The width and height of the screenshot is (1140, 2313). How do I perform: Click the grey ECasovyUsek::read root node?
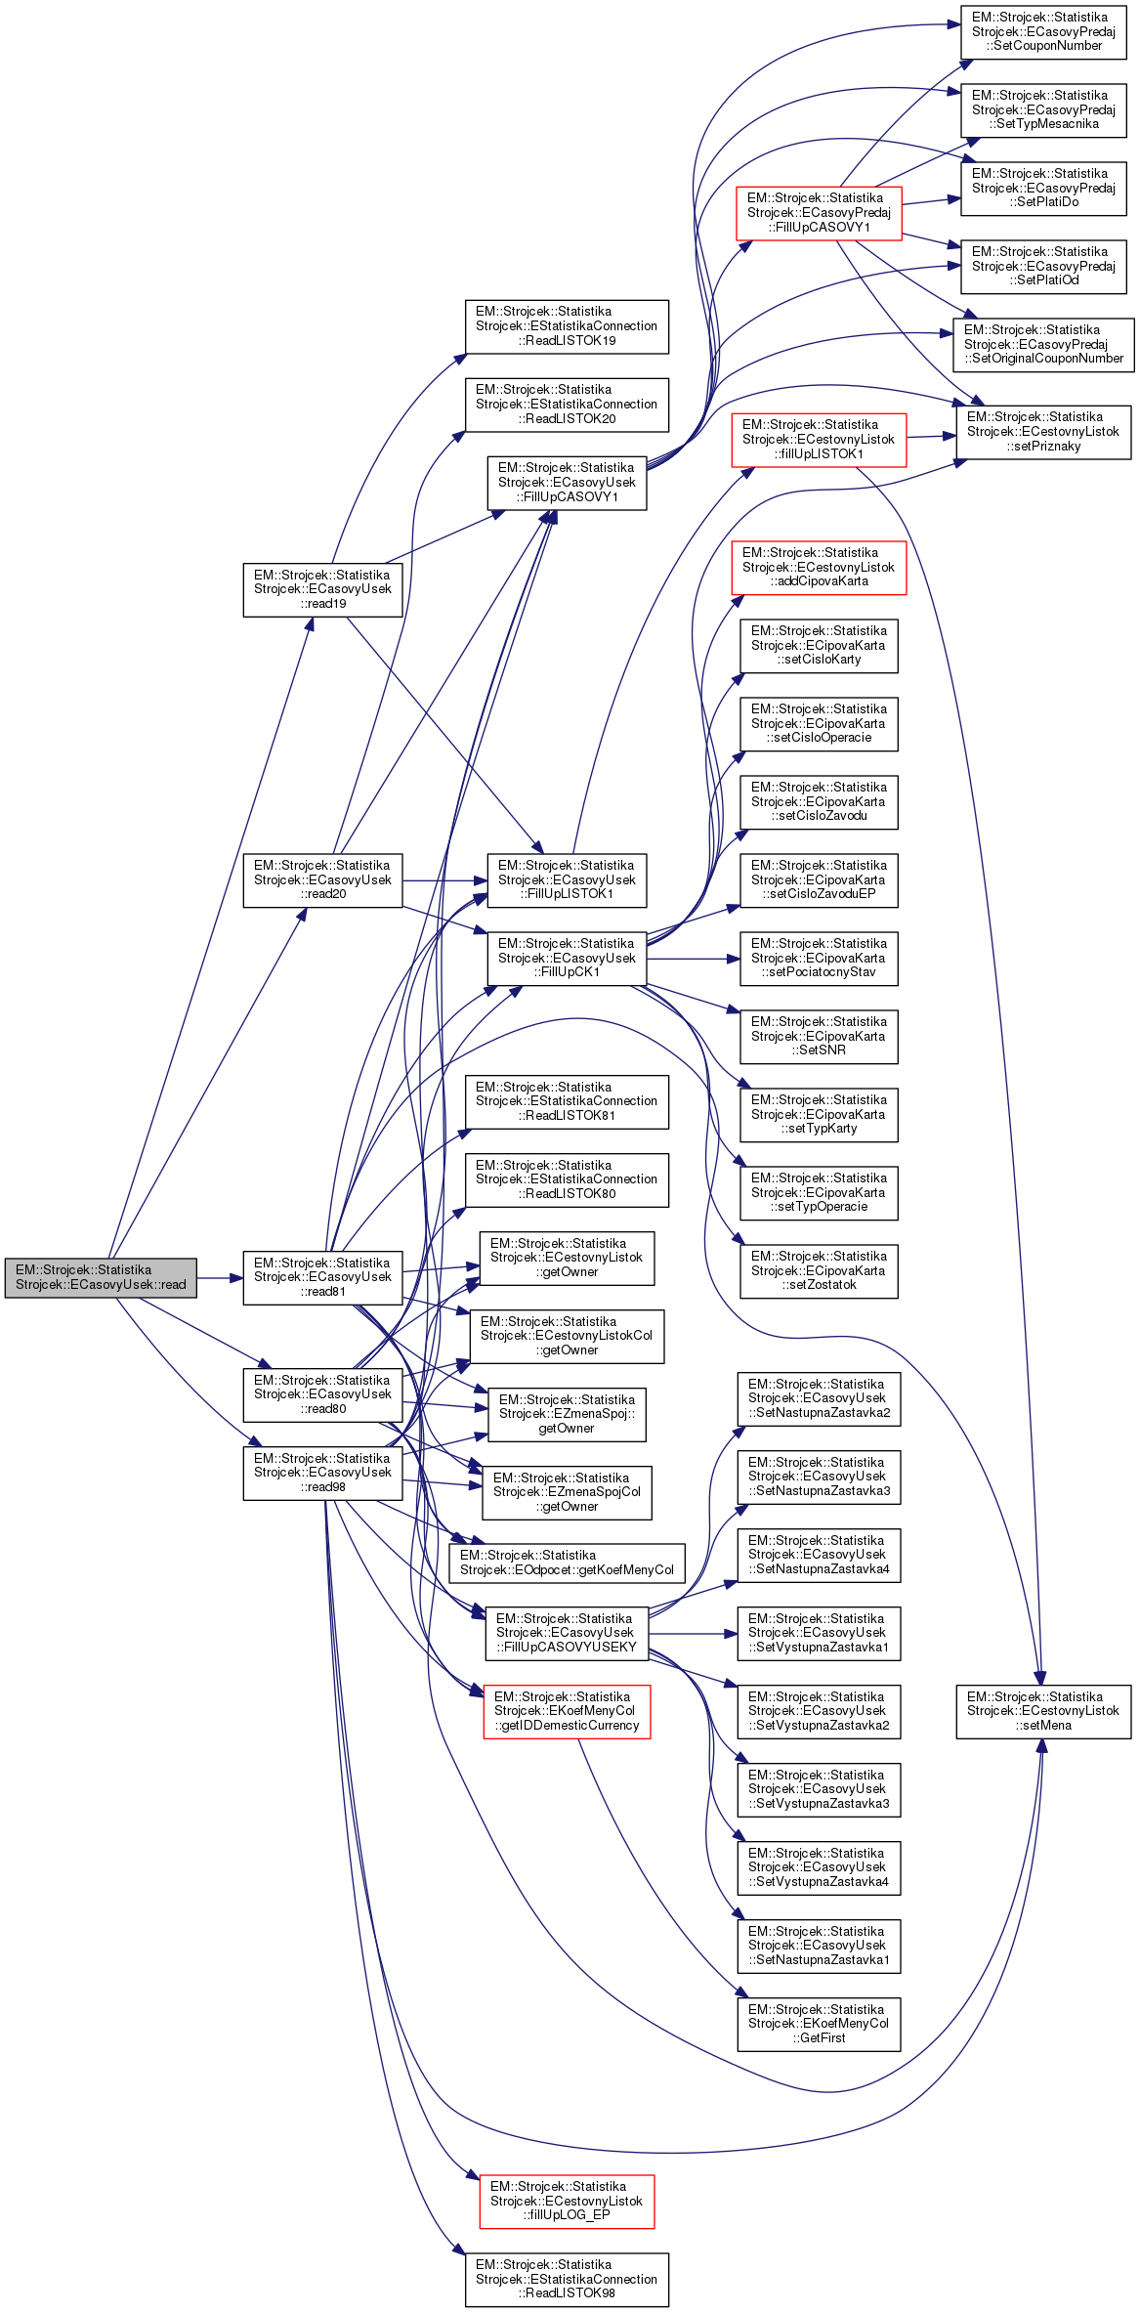(101, 1277)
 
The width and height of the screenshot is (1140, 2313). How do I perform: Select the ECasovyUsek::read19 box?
(322, 589)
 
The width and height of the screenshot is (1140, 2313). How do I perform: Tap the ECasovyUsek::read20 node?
(322, 879)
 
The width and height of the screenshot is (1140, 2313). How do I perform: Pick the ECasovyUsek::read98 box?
(322, 1473)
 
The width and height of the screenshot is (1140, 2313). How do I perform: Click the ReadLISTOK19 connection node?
(567, 326)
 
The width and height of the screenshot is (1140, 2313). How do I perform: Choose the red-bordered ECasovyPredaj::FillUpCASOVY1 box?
(819, 213)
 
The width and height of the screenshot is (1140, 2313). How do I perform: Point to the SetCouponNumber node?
(1043, 31)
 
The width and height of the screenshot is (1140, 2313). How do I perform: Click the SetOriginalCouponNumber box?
(1043, 344)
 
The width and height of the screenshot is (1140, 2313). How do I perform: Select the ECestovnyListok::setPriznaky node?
(1043, 432)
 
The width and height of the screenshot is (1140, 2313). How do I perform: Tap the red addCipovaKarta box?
(819, 567)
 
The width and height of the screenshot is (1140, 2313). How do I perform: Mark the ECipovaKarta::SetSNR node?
(819, 1036)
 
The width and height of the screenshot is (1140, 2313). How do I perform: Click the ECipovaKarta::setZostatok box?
(819, 1270)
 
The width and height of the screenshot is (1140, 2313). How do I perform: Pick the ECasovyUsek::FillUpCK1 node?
(567, 958)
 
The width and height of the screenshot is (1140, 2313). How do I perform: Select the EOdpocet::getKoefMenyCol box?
(567, 1563)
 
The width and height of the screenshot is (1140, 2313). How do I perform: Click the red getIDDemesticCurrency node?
(567, 1711)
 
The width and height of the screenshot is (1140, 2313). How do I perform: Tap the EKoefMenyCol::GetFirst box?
(819, 2024)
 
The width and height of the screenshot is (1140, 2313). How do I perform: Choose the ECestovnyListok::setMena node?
(1043, 1711)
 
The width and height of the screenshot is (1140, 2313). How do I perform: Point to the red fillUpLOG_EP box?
(567, 2201)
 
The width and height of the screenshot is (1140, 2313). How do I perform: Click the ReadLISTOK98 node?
(567, 2279)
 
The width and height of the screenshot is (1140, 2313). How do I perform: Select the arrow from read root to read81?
(220, 1277)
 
